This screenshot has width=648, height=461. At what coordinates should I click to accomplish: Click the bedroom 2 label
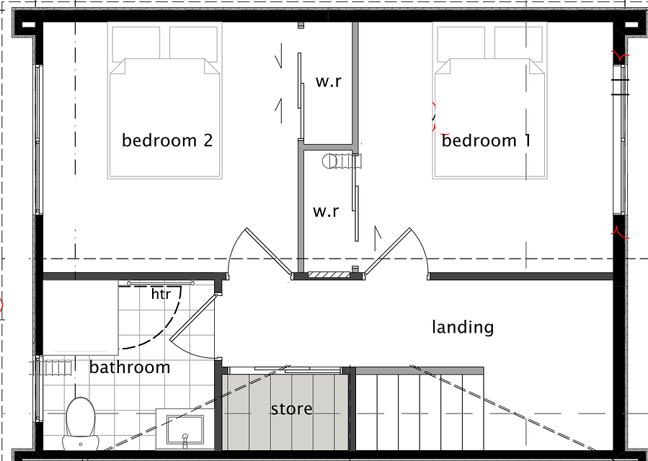pos(167,140)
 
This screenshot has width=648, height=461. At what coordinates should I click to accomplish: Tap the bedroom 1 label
pos(486,140)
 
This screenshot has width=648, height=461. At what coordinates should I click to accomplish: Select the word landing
pos(463,327)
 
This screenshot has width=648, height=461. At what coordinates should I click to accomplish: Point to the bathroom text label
pos(130,367)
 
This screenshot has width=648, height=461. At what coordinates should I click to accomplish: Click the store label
pos(292,409)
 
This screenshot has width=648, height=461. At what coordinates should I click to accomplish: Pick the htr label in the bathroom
pos(161,294)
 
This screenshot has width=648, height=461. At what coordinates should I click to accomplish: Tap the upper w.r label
pos(329,81)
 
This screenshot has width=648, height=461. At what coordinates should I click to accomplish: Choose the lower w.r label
pos(326,211)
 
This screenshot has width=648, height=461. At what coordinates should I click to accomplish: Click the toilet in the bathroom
pos(81,424)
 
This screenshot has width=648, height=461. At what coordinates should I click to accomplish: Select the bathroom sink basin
pos(185,429)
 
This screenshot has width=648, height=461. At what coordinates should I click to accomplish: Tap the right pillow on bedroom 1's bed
pos(519,43)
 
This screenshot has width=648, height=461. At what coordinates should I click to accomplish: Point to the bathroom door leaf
pos(192,317)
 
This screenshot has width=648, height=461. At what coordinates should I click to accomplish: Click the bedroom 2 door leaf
pos(268,251)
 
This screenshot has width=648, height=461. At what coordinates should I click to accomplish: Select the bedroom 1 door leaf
pos(387,251)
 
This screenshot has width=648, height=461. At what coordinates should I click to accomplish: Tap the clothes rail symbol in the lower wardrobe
pos(342,161)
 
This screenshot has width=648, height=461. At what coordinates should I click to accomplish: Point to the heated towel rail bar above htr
pos(161,282)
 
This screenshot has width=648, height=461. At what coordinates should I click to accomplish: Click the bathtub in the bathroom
pos(81,317)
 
